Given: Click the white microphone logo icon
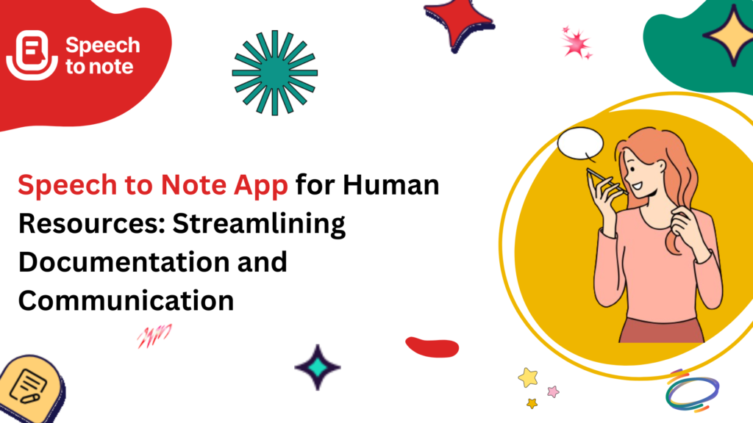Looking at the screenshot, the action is pyautogui.click(x=32, y=55).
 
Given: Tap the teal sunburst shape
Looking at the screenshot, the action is pyautogui.click(x=275, y=73).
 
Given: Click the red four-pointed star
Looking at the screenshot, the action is pyautogui.click(x=459, y=23).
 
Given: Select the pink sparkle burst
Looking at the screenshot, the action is pyautogui.click(x=577, y=44).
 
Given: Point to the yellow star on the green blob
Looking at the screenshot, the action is pyautogui.click(x=732, y=35).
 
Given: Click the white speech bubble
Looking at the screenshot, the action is pyautogui.click(x=581, y=144).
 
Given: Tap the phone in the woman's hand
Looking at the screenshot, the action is pyautogui.click(x=606, y=182).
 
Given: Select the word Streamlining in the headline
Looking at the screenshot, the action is pyautogui.click(x=259, y=225).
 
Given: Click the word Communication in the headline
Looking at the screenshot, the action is pyautogui.click(x=126, y=300).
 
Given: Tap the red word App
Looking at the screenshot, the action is pyautogui.click(x=261, y=186).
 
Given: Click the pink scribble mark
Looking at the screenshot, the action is pyautogui.click(x=154, y=336).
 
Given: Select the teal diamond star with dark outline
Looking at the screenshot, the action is pyautogui.click(x=318, y=367).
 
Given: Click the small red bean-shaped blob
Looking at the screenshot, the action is pyautogui.click(x=432, y=347).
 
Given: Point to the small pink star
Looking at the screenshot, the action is pyautogui.click(x=553, y=392).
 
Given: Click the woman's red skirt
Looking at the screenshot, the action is pyautogui.click(x=661, y=330).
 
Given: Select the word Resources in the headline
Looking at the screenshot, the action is pyautogui.click(x=91, y=223).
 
